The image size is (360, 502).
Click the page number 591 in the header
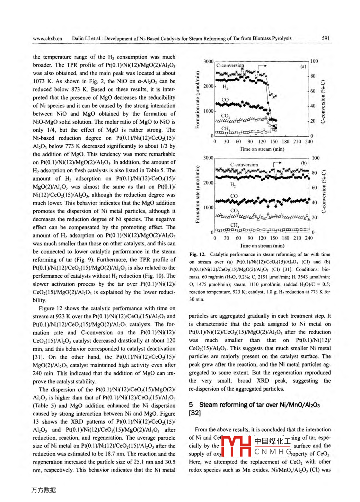tap(325, 38)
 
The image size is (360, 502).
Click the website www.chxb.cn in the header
tap(47, 39)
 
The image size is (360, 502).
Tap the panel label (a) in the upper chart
tap(303, 66)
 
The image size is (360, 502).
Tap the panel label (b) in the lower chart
tap(304, 163)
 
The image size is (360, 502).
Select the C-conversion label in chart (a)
tap(230, 65)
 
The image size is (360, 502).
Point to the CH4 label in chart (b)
tap(235, 225)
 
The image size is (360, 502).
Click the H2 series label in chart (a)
tap(225, 87)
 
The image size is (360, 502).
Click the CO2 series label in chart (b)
tap(235, 210)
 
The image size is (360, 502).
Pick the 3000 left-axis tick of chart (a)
tap(208, 61)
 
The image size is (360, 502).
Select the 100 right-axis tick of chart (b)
tap(315, 158)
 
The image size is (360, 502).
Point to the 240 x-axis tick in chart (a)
tap(308, 141)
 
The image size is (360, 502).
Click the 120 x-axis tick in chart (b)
tap(262, 238)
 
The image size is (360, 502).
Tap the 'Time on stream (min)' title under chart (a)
tap(262, 149)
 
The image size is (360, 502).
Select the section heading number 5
tap(191, 405)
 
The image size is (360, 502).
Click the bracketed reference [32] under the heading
tap(195, 413)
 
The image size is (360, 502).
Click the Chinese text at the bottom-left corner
tap(44, 490)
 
